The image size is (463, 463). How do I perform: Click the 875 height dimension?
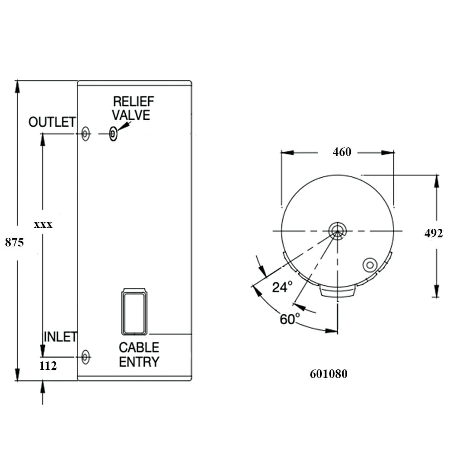(14, 242)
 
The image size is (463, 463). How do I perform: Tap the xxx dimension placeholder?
(43, 224)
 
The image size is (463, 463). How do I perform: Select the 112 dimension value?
(48, 366)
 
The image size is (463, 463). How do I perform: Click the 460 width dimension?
(341, 152)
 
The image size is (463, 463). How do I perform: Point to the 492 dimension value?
(433, 233)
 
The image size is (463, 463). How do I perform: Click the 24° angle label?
(282, 287)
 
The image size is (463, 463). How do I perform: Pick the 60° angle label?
(289, 319)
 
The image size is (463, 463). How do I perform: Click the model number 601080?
(328, 374)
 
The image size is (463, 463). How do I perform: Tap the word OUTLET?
(52, 122)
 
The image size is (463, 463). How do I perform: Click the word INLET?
(60, 337)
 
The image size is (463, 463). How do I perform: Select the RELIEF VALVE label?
(132, 108)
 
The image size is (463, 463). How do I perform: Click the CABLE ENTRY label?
(139, 354)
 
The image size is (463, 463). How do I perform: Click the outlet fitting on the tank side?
(85, 134)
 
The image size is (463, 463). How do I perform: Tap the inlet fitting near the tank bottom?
(85, 357)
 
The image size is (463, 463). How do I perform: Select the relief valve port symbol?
(113, 134)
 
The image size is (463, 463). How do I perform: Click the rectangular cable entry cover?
(134, 312)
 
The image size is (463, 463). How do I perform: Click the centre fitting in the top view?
(337, 231)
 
